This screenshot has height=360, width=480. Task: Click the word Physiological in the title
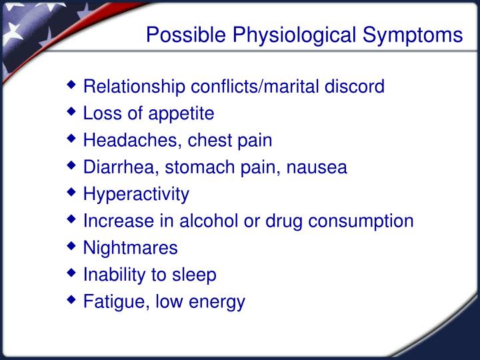click(x=294, y=35)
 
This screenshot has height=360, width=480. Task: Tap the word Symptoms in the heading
click(x=413, y=35)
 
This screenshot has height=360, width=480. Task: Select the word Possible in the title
click(x=186, y=34)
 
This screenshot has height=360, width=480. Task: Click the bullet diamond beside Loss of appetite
click(x=71, y=111)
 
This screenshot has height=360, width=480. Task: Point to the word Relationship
click(x=134, y=87)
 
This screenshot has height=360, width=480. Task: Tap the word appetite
click(x=181, y=114)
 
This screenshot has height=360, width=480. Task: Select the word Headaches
click(x=131, y=141)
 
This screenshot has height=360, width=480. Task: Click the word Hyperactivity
click(x=136, y=195)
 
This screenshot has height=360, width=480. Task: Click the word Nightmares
click(x=131, y=248)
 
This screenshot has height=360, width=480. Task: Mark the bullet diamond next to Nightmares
click(x=71, y=246)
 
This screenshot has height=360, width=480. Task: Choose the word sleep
click(x=194, y=275)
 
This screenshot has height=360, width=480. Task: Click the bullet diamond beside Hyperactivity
click(x=71, y=192)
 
